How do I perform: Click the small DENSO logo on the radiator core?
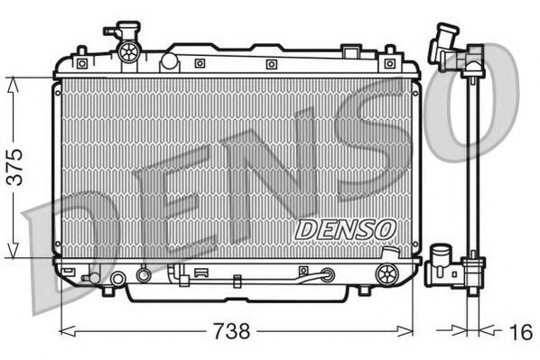tap(345, 229)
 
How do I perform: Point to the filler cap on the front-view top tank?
tap(126, 46)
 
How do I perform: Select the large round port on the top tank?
tap(169, 62)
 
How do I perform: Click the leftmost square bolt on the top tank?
tap(81, 63)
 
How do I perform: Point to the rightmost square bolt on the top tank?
tap(389, 63)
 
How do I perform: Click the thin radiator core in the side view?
tap(470, 171)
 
